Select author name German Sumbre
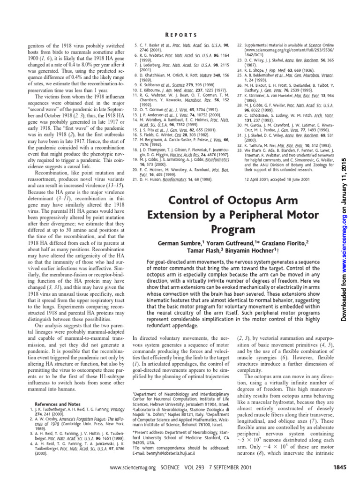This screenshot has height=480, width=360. [x=175, y=245]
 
